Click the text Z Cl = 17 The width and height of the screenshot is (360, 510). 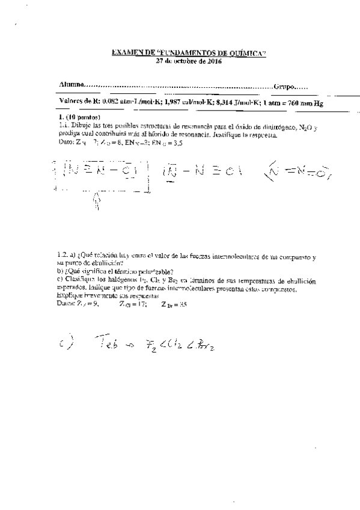click(x=133, y=304)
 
